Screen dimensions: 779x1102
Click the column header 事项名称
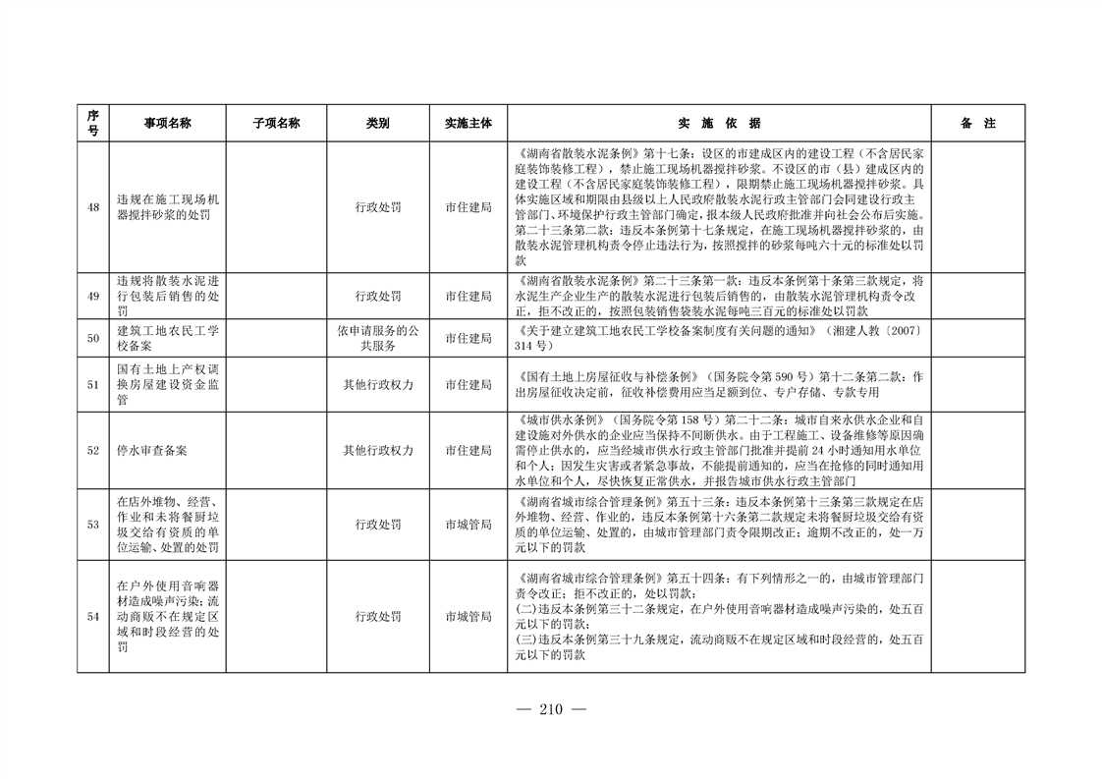(x=167, y=124)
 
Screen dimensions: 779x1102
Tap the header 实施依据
(x=719, y=124)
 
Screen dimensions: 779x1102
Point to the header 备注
(x=977, y=124)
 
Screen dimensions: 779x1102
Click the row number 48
(x=92, y=207)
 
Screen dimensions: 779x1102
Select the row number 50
(x=92, y=338)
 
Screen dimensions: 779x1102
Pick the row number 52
(x=92, y=451)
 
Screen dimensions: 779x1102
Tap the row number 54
(x=92, y=617)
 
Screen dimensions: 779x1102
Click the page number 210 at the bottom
(x=550, y=711)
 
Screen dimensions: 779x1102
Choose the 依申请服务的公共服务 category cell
(x=378, y=338)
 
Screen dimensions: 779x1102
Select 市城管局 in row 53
(x=468, y=525)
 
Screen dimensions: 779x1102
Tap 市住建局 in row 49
(x=468, y=296)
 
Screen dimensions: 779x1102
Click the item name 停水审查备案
(x=151, y=451)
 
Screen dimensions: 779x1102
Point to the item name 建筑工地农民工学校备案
(x=167, y=338)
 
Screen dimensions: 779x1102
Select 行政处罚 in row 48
(x=378, y=207)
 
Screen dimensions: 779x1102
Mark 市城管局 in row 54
(x=468, y=617)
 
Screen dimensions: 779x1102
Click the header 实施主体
(x=468, y=124)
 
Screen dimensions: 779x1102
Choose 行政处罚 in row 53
(x=378, y=525)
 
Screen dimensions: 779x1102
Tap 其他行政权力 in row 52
(x=378, y=451)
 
